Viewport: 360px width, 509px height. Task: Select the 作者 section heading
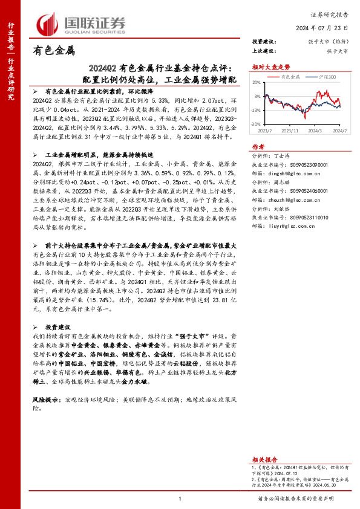258,146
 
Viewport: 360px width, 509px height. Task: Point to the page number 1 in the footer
180,498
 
